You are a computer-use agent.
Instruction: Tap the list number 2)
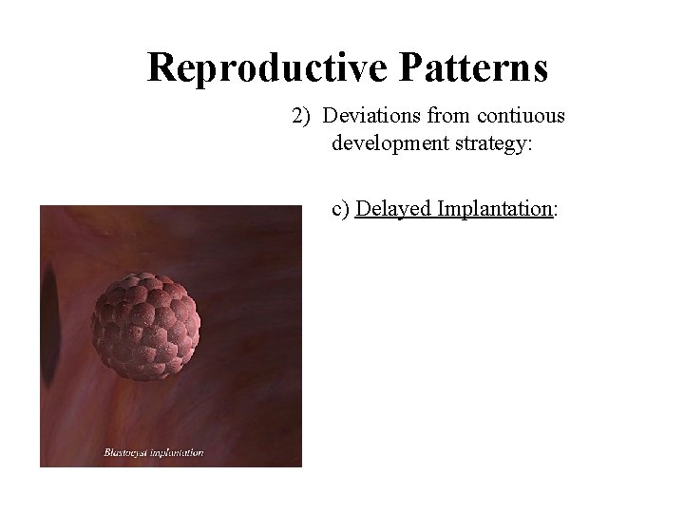pyautogui.click(x=301, y=116)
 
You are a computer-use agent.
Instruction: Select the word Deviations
pyautogui.click(x=366, y=116)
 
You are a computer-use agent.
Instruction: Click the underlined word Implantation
pyautogui.click(x=494, y=209)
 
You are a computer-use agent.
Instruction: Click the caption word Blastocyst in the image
pyautogui.click(x=126, y=453)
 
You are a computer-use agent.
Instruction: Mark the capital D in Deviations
pyautogui.click(x=328, y=116)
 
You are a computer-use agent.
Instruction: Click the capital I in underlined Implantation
pyautogui.click(x=442, y=209)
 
